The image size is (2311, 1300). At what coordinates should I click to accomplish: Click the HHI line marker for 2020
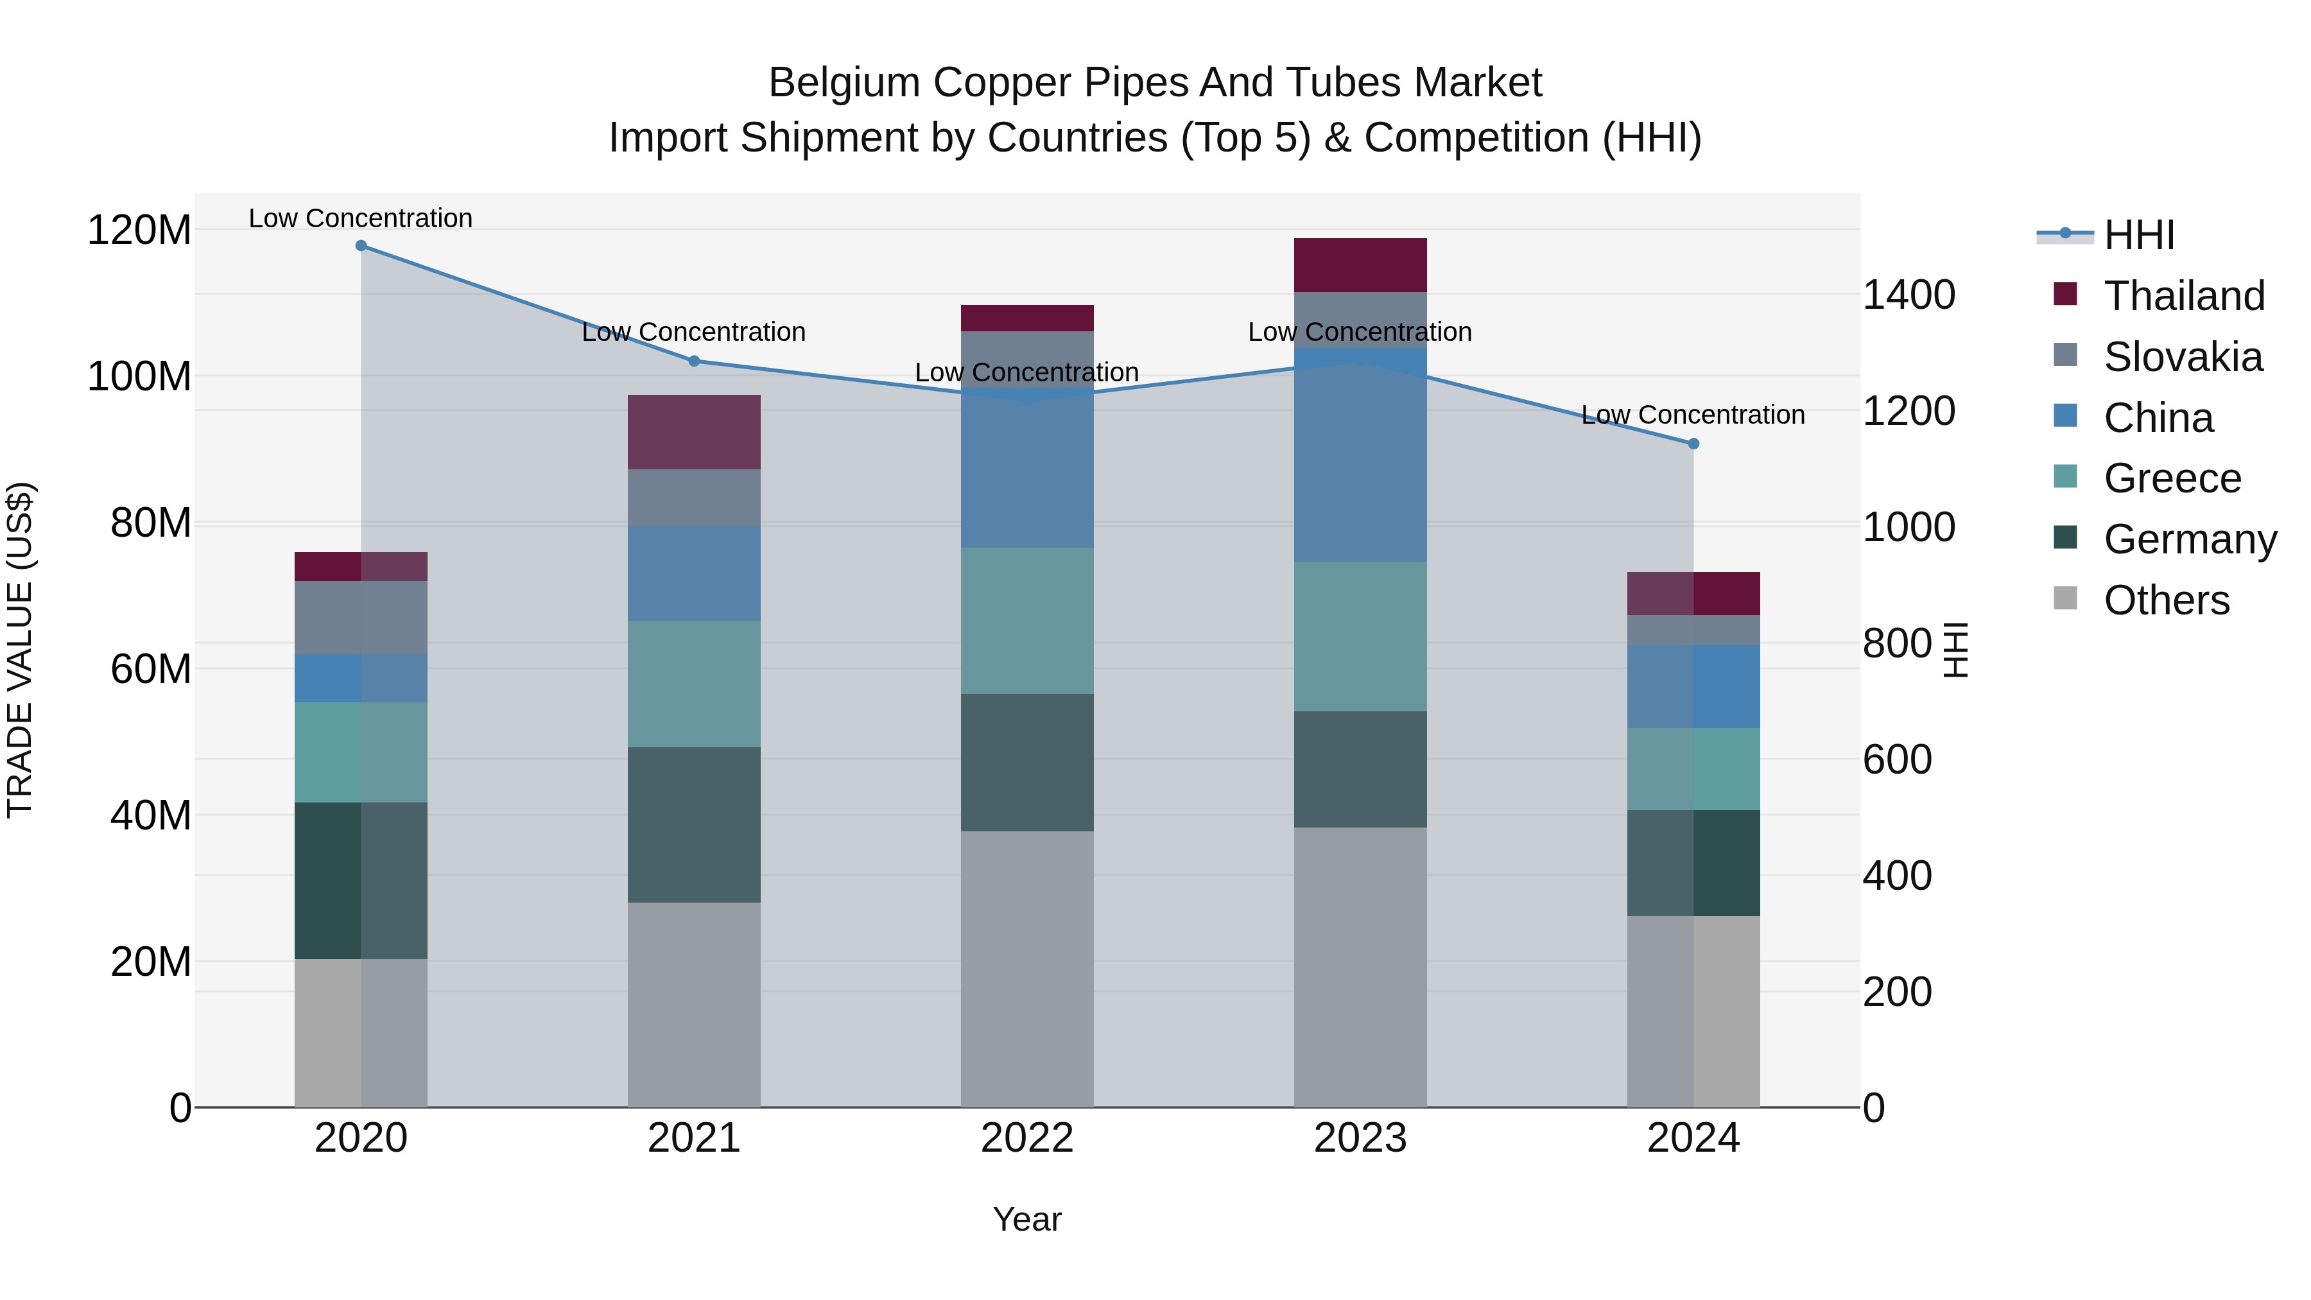coord(361,246)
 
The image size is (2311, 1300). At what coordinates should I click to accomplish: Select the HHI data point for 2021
coord(693,361)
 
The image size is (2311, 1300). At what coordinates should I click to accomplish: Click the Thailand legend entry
coord(2184,296)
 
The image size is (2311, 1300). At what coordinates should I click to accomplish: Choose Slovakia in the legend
coord(2183,357)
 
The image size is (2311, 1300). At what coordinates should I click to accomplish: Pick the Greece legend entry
coord(2172,478)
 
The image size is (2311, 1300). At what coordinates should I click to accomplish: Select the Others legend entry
coord(2166,600)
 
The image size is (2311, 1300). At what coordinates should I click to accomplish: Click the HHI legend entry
coord(2139,235)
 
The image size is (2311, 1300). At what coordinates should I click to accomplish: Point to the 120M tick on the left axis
coord(139,230)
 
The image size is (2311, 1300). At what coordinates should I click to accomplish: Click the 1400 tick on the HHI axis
coord(1909,295)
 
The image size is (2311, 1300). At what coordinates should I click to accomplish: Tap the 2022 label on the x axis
coord(1027,1138)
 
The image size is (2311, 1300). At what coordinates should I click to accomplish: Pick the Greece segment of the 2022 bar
coord(1027,621)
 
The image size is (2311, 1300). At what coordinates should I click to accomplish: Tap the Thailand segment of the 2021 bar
coord(693,431)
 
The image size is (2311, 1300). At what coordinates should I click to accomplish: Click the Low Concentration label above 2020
coord(361,218)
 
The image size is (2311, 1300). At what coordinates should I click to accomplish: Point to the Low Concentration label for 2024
coord(1693,415)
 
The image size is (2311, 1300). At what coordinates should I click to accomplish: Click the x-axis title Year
coord(1027,1219)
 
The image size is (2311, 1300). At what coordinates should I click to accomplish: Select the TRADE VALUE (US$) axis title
coord(20,650)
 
